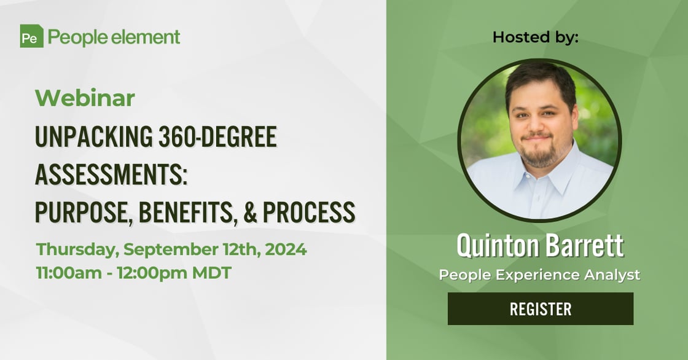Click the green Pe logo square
click(x=31, y=36)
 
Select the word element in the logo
click(x=145, y=37)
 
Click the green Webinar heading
click(x=85, y=98)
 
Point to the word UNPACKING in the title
click(x=94, y=136)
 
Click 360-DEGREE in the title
click(x=217, y=136)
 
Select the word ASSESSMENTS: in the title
click(x=111, y=174)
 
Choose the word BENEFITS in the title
click(x=188, y=213)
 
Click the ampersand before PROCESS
click(x=250, y=213)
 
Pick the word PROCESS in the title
click(x=309, y=213)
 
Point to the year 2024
click(x=286, y=249)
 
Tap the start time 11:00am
click(x=69, y=273)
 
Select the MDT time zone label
click(x=212, y=273)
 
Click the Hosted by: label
click(x=535, y=37)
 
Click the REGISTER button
click(x=541, y=308)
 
